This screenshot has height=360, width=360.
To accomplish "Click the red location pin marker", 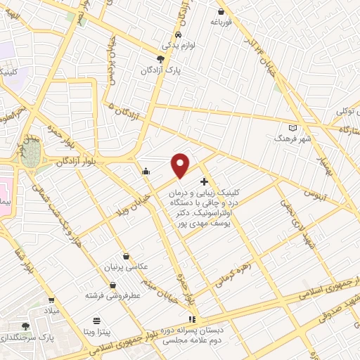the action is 181,166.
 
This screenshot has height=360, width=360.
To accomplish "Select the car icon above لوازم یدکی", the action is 179,34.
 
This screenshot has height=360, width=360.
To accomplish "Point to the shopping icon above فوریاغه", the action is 221,12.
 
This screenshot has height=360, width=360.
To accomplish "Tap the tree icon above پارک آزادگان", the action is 161,59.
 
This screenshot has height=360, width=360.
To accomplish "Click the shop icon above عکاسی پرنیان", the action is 126,257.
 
